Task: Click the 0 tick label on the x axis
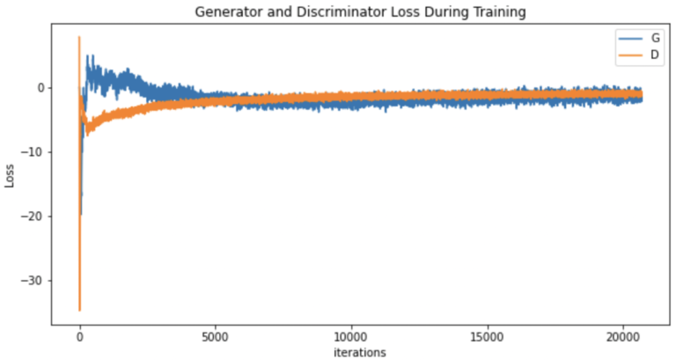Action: click(79, 335)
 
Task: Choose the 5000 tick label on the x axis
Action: click(215, 335)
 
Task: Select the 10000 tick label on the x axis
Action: click(350, 335)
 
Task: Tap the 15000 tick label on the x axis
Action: click(486, 335)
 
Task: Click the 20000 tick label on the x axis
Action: click(621, 335)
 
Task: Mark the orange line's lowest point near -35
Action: click(79, 310)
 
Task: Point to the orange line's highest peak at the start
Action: click(79, 37)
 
